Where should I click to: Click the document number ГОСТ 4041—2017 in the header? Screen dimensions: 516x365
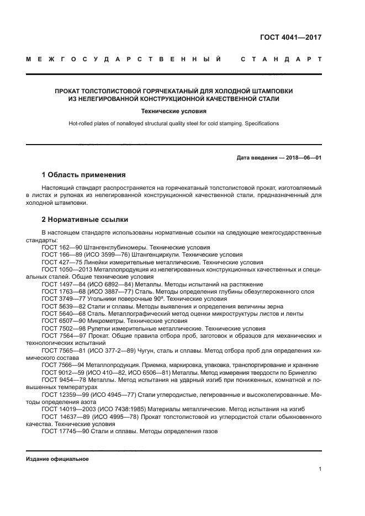(x=290, y=38)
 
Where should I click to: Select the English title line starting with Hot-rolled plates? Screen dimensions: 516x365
(x=173, y=124)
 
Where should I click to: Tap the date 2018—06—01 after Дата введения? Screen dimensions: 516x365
(x=303, y=158)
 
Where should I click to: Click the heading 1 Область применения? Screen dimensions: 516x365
(x=83, y=175)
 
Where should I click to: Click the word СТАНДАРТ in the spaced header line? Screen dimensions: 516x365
(x=281, y=58)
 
